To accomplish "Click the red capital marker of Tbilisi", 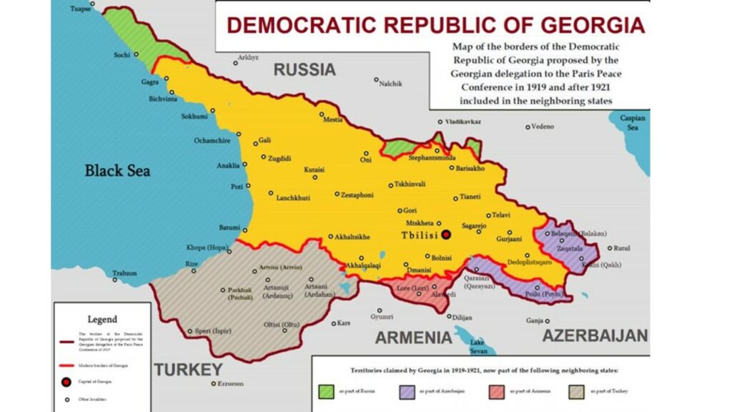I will pos(446,235).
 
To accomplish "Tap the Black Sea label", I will pos(117,170).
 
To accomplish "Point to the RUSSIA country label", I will pos(305,69).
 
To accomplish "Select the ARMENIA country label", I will pos(413,338).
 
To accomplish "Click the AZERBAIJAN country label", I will pos(595,335).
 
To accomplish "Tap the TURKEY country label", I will pos(188,370).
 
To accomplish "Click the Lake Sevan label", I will pos(478,346).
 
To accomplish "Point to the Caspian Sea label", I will pos(633,122).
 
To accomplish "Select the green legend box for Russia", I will pos(326,391).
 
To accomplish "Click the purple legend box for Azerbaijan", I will pos(405,391).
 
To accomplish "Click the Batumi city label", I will pos(229,227).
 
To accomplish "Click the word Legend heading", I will pos(102,319).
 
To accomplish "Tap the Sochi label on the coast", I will pos(122,55).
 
